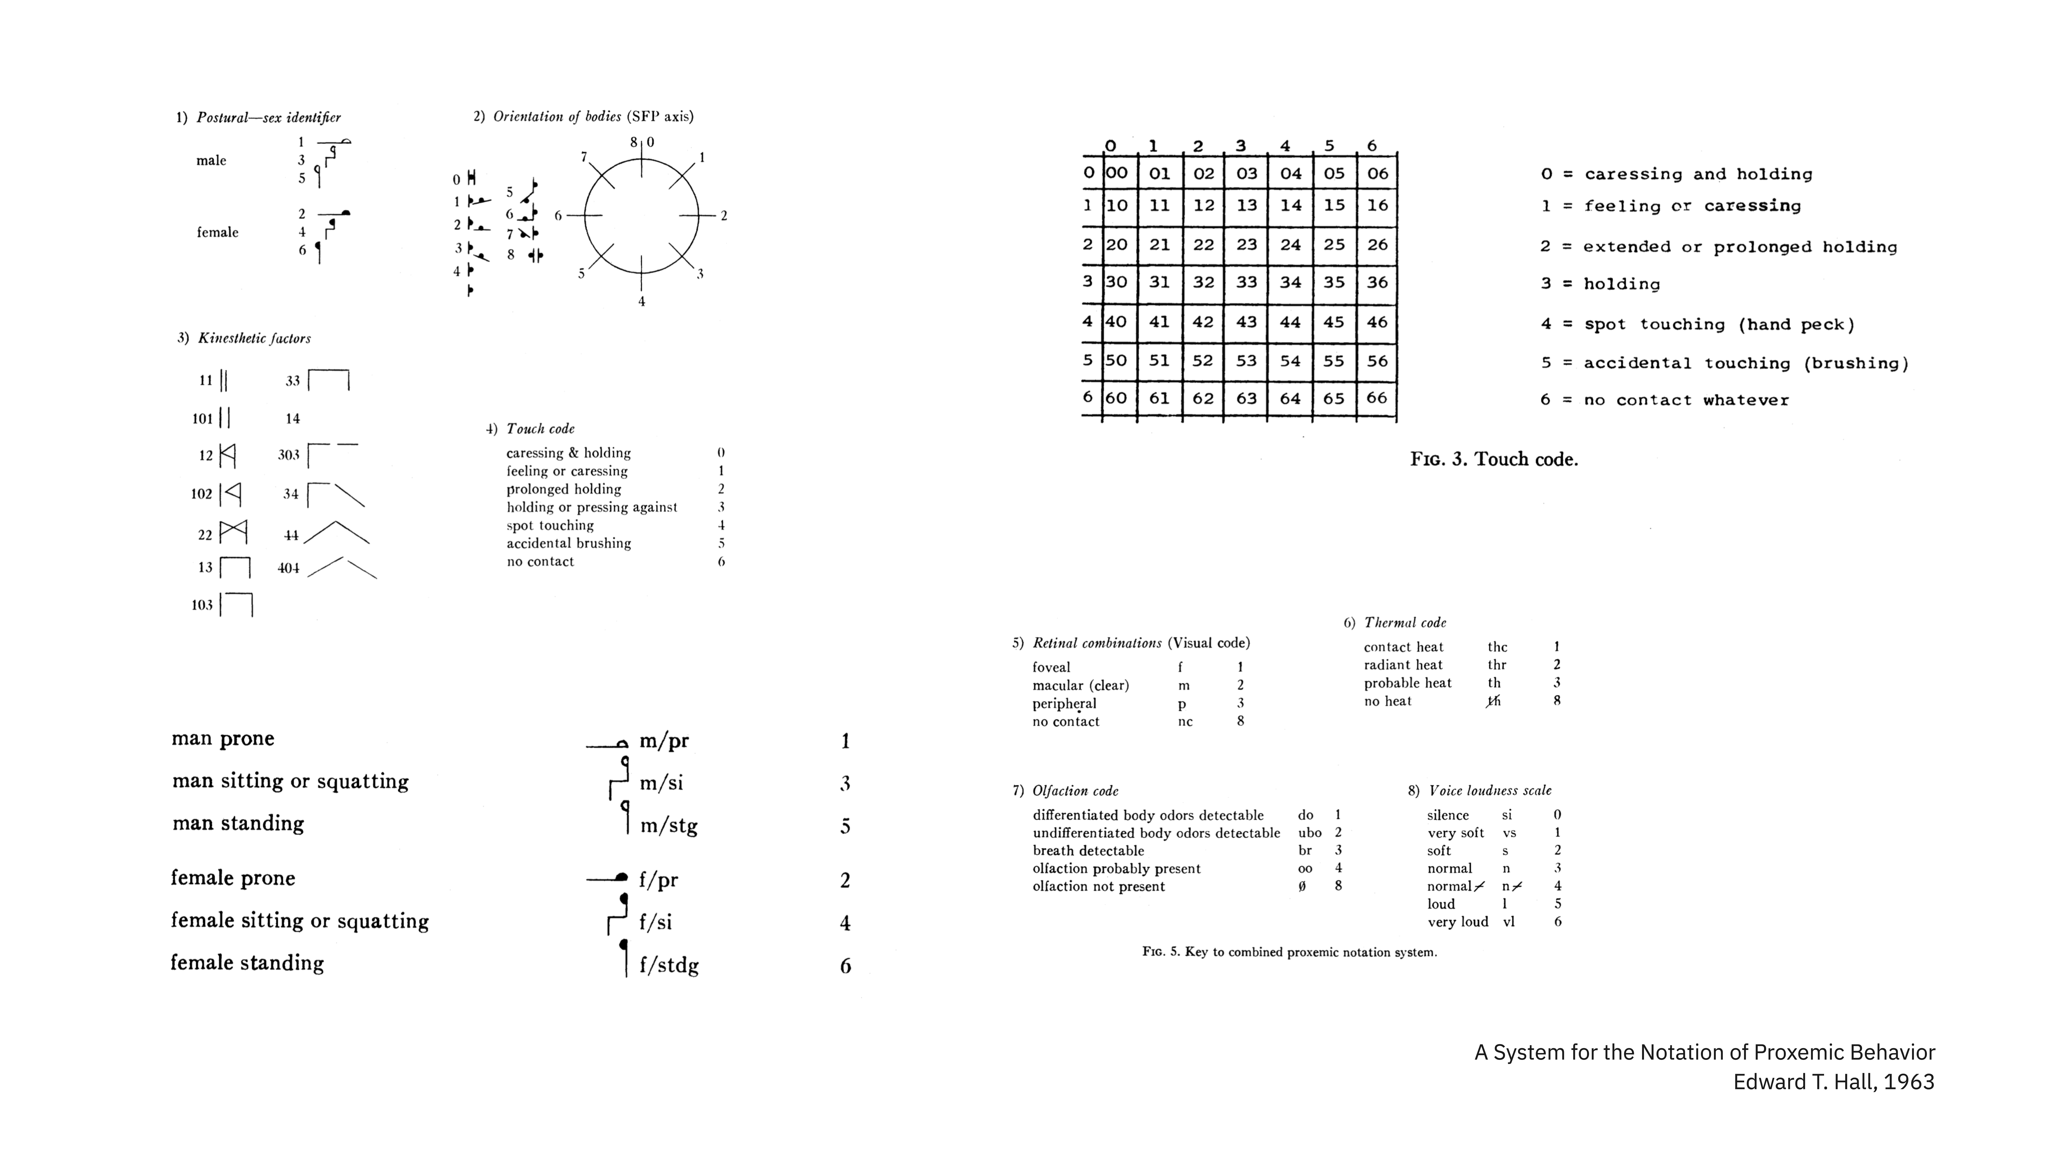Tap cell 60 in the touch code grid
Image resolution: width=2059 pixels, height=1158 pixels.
click(1116, 398)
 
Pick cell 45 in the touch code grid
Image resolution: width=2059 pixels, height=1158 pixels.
click(1333, 322)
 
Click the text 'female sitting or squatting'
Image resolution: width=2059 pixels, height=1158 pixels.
click(300, 921)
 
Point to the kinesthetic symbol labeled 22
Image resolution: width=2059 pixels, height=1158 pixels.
click(233, 531)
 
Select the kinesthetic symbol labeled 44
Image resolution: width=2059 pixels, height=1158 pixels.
click(336, 533)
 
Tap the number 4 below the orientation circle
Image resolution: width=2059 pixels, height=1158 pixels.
click(641, 301)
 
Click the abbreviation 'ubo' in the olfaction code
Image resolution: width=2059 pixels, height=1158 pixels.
click(1309, 833)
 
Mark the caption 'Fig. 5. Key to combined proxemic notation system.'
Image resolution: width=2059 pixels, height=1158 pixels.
click(1289, 952)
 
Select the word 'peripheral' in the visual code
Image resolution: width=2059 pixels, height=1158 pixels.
click(1064, 703)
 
